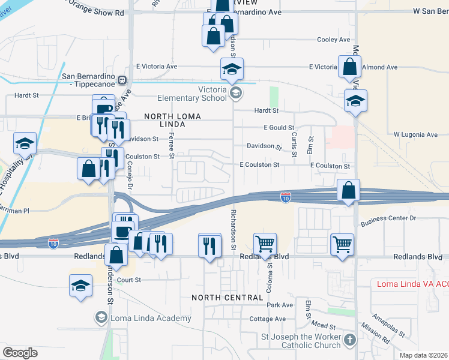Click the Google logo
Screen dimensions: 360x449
tap(20, 353)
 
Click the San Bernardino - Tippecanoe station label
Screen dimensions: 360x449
tap(89, 80)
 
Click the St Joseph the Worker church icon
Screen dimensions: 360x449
tap(351, 341)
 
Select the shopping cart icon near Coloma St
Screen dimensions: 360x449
tap(264, 244)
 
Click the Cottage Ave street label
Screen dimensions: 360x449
tap(268, 319)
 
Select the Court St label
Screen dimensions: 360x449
tap(129, 280)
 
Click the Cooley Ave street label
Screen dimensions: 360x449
tap(333, 40)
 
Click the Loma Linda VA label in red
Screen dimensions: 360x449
tap(412, 284)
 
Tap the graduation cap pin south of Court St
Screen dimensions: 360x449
tap(80, 286)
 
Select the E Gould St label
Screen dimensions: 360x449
tap(279, 128)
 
